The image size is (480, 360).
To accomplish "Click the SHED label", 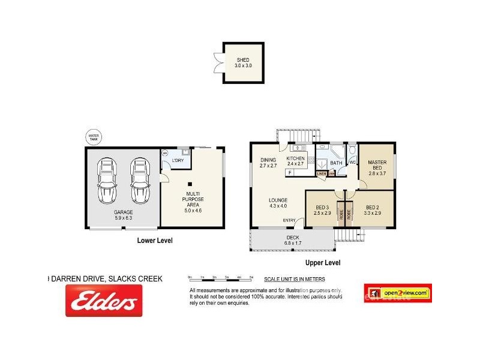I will click(243, 60).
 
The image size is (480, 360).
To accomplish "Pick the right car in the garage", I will click(139, 181).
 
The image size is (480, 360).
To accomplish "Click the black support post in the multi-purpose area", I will click(190, 185).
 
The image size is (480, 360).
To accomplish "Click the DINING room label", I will click(268, 160).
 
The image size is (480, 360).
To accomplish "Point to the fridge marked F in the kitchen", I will click(290, 173).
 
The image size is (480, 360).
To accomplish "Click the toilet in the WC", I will click(352, 151).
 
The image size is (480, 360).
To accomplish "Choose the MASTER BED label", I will click(377, 165).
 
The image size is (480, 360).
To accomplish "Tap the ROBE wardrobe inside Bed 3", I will click(340, 214).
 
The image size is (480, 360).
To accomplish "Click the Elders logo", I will click(104, 300).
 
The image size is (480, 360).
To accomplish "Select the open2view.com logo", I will click(398, 293).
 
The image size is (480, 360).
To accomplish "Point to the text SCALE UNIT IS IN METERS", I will click(294, 279).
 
